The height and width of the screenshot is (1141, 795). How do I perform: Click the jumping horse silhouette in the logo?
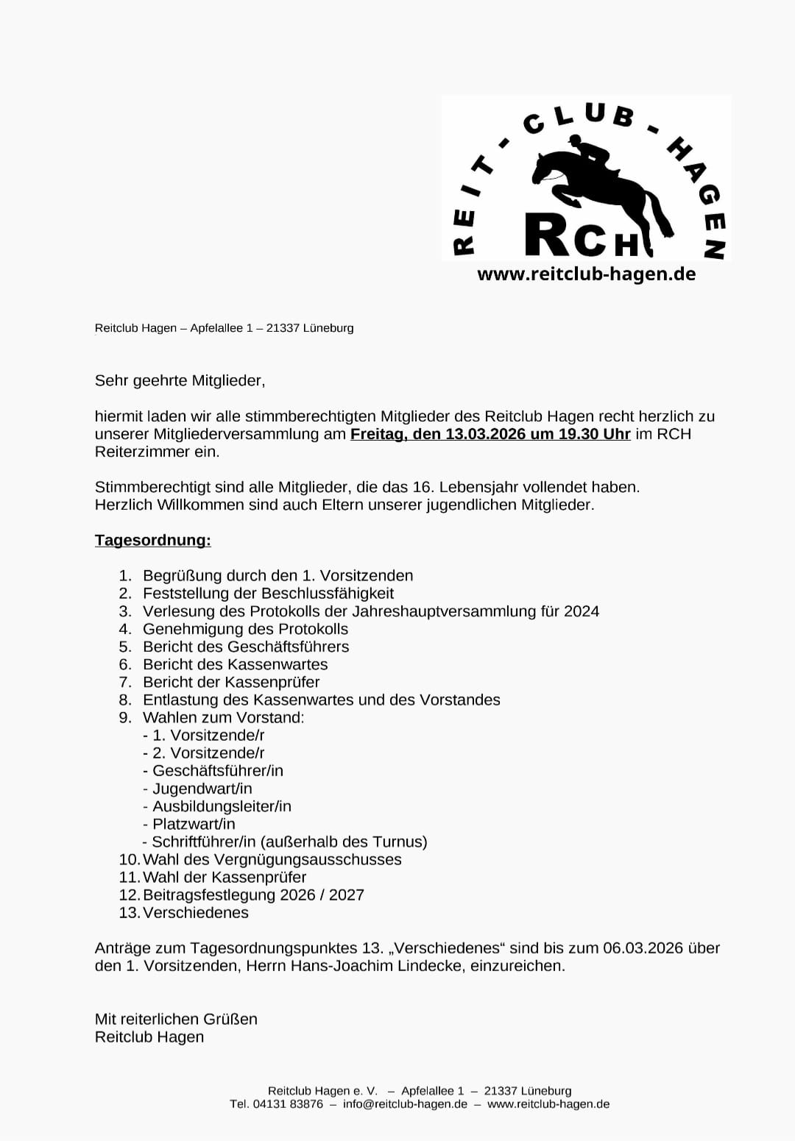click(600, 184)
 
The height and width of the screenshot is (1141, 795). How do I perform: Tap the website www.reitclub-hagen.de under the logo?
click(586, 274)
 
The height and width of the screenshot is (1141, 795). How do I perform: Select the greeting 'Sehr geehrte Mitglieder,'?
click(180, 380)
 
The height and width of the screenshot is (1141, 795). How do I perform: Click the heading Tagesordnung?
click(153, 540)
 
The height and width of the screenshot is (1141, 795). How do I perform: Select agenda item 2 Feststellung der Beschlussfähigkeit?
click(268, 593)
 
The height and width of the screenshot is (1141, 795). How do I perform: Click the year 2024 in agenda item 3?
click(582, 611)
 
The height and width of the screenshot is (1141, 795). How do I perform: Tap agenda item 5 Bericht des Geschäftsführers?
click(246, 647)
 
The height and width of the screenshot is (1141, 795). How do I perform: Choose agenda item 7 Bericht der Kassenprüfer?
click(231, 682)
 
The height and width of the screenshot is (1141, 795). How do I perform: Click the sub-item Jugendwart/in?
click(202, 789)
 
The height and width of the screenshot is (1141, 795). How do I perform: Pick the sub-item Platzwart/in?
click(194, 824)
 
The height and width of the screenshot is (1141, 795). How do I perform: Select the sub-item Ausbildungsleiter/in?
click(222, 806)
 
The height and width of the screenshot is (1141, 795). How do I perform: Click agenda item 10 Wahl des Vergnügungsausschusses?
click(272, 859)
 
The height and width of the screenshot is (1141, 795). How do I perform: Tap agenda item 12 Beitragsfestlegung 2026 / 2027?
click(253, 895)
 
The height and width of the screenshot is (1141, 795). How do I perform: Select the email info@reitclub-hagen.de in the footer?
click(405, 1104)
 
